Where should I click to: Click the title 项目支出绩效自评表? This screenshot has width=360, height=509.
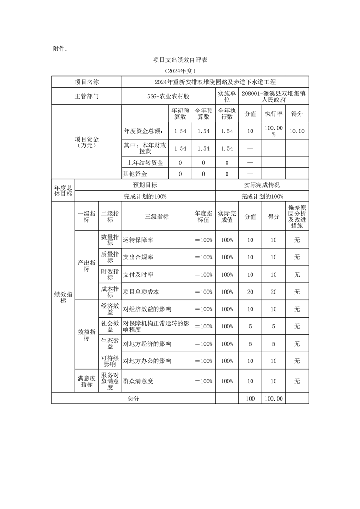click(x=180, y=60)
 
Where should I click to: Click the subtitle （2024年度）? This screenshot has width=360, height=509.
click(x=180, y=71)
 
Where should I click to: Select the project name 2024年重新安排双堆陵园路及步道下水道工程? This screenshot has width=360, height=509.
click(x=215, y=82)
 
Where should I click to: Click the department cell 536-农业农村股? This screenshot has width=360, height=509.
click(x=168, y=97)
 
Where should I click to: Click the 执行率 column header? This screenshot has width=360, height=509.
click(x=274, y=113)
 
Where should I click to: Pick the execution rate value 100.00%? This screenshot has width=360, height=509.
click(x=274, y=131)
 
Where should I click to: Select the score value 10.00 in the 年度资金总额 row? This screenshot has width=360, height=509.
click(x=297, y=131)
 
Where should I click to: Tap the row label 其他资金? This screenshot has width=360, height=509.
click(x=135, y=174)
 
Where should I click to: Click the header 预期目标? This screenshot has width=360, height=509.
click(x=145, y=185)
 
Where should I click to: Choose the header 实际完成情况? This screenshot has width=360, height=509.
click(x=262, y=185)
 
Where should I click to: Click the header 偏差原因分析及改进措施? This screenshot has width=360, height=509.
click(x=297, y=216)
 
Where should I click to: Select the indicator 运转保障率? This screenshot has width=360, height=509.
click(x=138, y=240)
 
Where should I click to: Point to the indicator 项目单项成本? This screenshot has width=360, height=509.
click(x=141, y=292)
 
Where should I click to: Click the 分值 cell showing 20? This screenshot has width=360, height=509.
click(x=250, y=292)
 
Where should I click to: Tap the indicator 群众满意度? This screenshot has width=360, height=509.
click(x=138, y=381)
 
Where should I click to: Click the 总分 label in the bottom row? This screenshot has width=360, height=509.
click(x=133, y=398)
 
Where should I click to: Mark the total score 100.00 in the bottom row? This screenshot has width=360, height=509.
click(x=274, y=398)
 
